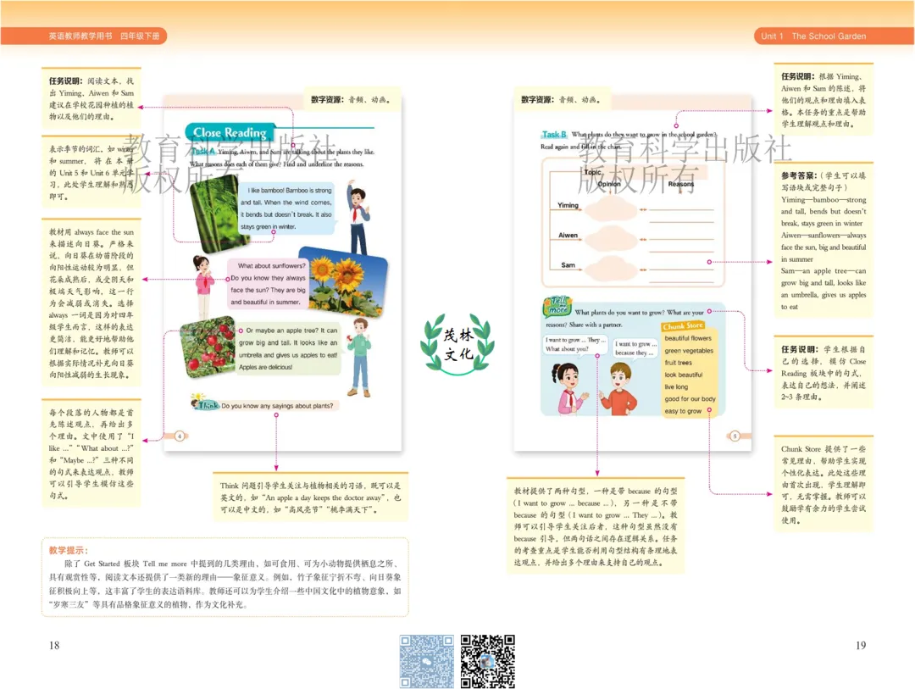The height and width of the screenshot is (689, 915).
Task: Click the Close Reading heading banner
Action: (230, 132)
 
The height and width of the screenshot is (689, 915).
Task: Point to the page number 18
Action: (54, 646)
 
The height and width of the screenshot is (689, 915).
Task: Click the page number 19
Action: (861, 646)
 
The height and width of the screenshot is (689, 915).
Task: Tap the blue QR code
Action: (426, 661)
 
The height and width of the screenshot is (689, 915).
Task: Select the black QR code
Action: (487, 661)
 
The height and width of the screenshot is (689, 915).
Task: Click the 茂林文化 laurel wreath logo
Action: (457, 343)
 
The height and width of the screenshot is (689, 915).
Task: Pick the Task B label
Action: (554, 135)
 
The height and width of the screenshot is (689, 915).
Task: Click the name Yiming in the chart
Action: (568, 205)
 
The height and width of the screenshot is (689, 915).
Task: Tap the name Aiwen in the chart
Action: (568, 236)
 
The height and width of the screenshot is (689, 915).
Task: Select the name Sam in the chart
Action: (568, 265)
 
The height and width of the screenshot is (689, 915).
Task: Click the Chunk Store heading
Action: (683, 326)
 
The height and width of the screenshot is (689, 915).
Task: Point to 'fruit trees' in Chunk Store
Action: (679, 363)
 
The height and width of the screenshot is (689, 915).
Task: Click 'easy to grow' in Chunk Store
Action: (683, 411)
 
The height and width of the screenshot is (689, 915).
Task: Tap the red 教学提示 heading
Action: (69, 551)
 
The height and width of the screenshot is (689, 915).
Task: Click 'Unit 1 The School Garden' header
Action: (813, 36)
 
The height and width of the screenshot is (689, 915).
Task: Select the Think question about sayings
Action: (277, 406)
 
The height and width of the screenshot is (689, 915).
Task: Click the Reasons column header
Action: (680, 184)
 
